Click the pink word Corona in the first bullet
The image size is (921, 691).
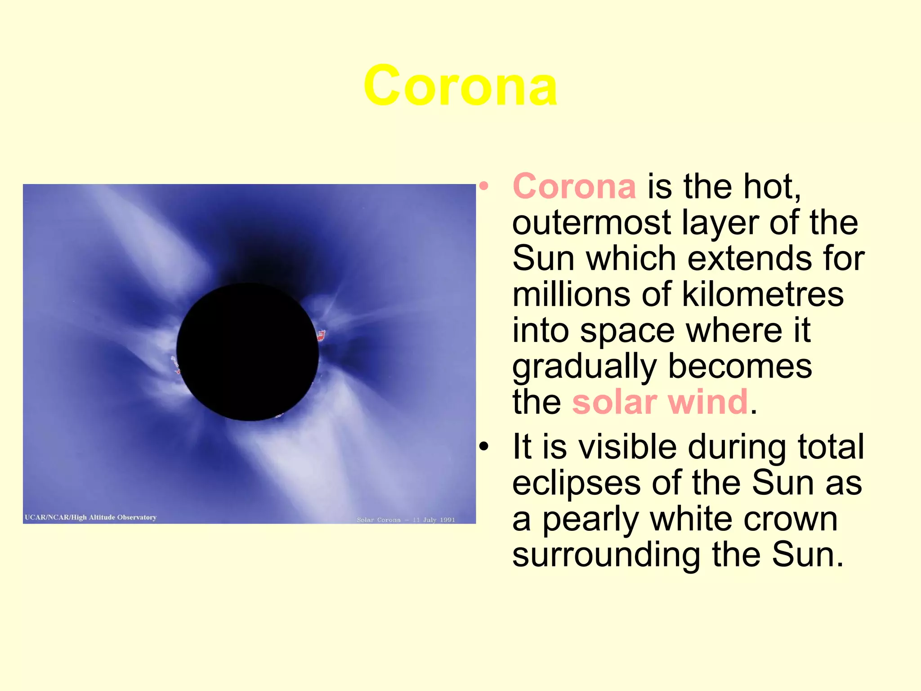(x=574, y=186)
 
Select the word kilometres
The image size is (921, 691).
(x=763, y=294)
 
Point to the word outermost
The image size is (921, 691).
(x=592, y=223)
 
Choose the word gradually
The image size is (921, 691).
(x=585, y=367)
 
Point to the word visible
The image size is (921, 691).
(x=627, y=447)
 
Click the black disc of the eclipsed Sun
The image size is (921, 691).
(x=248, y=352)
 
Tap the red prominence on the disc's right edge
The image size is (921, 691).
(x=321, y=335)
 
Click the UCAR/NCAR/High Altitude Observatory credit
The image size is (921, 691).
(x=90, y=517)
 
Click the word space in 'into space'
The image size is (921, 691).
(x=627, y=331)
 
